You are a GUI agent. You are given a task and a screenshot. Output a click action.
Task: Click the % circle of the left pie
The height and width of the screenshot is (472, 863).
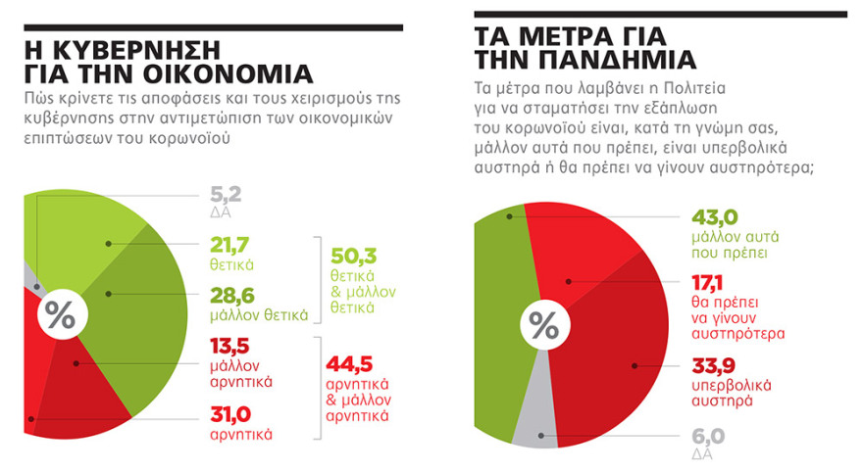point(60,315)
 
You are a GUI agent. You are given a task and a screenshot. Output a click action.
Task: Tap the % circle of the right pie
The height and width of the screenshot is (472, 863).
point(543,325)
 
